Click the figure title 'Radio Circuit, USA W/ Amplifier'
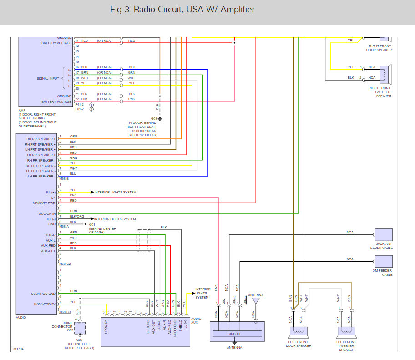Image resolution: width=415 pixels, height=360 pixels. coord(182,10)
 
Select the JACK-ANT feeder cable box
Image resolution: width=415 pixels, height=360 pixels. coord(383,235)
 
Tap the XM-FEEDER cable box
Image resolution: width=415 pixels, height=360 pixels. coord(383,261)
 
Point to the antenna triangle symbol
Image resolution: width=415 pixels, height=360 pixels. coord(255,301)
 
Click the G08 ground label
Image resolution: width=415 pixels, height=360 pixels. coord(154,118)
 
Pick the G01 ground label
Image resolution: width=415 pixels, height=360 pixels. coord(92,224)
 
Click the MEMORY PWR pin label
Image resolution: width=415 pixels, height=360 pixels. coord(45,203)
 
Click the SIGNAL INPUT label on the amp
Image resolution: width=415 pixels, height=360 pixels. coord(48,78)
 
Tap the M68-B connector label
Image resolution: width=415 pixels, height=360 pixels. coord(64,179)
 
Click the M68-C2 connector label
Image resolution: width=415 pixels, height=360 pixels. coord(65,264)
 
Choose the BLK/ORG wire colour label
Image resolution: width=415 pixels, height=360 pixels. coord(77,216)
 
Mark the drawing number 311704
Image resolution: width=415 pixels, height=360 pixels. coord(19,349)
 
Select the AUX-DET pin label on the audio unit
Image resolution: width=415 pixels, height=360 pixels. coord(48,251)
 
